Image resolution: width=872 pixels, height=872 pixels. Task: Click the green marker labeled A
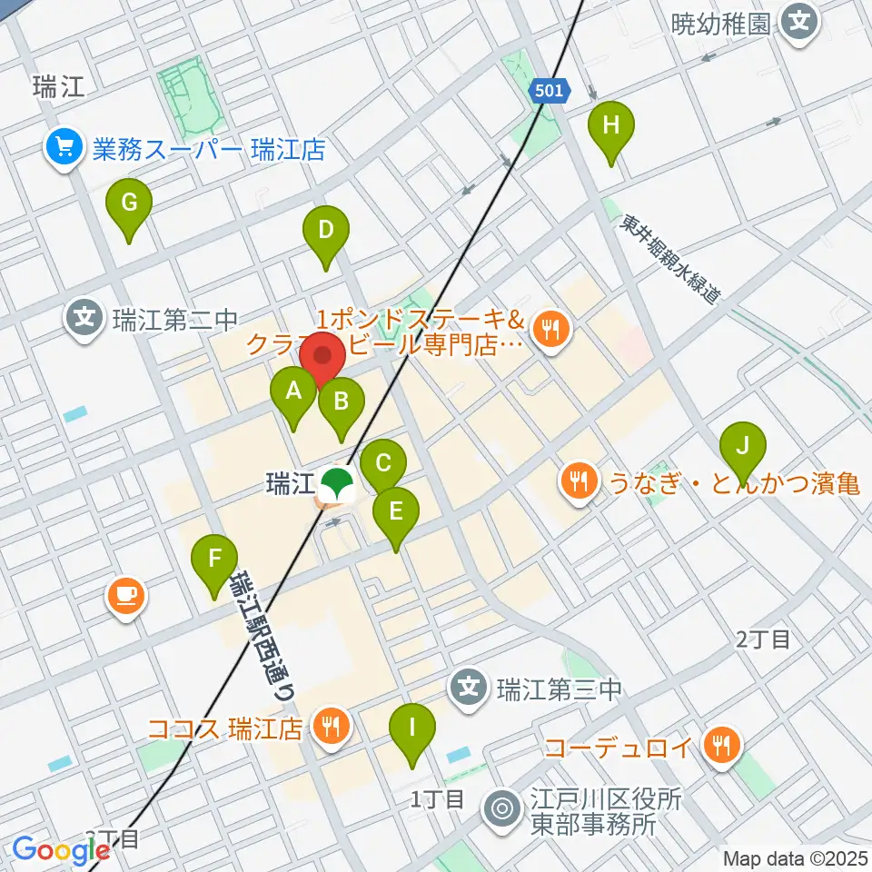tap(293, 392)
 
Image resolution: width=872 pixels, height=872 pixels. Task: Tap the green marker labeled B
tap(342, 401)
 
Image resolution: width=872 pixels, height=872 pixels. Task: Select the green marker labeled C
tap(382, 464)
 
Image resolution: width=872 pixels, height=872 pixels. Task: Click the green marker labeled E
tap(395, 511)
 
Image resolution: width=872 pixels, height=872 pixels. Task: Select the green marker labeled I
tap(412, 728)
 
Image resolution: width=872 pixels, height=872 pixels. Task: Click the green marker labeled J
tap(743, 446)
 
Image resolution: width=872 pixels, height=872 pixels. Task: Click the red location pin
tap(322, 356)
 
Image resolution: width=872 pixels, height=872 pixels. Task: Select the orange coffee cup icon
tap(125, 596)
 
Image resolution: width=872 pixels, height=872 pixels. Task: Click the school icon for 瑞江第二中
tap(84, 319)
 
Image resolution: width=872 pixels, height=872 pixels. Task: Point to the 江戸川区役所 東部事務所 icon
tap(502, 806)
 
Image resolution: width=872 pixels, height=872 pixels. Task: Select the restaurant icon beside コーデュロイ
tap(723, 747)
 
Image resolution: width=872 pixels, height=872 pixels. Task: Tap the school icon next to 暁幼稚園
tap(799, 21)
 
